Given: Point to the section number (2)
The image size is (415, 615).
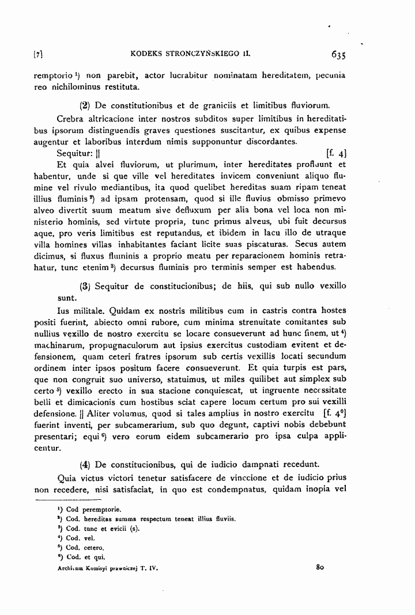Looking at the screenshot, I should (x=84, y=105).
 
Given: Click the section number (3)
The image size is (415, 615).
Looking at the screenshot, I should (x=84, y=286).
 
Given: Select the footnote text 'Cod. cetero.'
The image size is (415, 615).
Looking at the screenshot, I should (x=85, y=548).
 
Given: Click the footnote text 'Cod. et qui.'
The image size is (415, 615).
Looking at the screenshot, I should (x=85, y=557).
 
